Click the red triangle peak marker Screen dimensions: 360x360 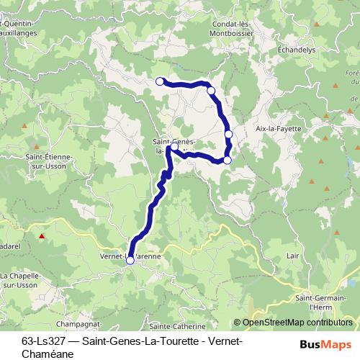click(42, 235)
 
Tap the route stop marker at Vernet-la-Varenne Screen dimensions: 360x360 click(130, 261)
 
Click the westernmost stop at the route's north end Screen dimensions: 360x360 click(160, 81)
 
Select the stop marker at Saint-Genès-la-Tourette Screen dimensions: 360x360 click(174, 146)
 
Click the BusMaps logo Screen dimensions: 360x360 click(320, 344)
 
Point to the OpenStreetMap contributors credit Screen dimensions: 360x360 click(297, 324)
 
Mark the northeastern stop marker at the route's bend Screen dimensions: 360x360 click(211, 91)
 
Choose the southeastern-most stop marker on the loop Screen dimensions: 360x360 click(228, 160)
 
